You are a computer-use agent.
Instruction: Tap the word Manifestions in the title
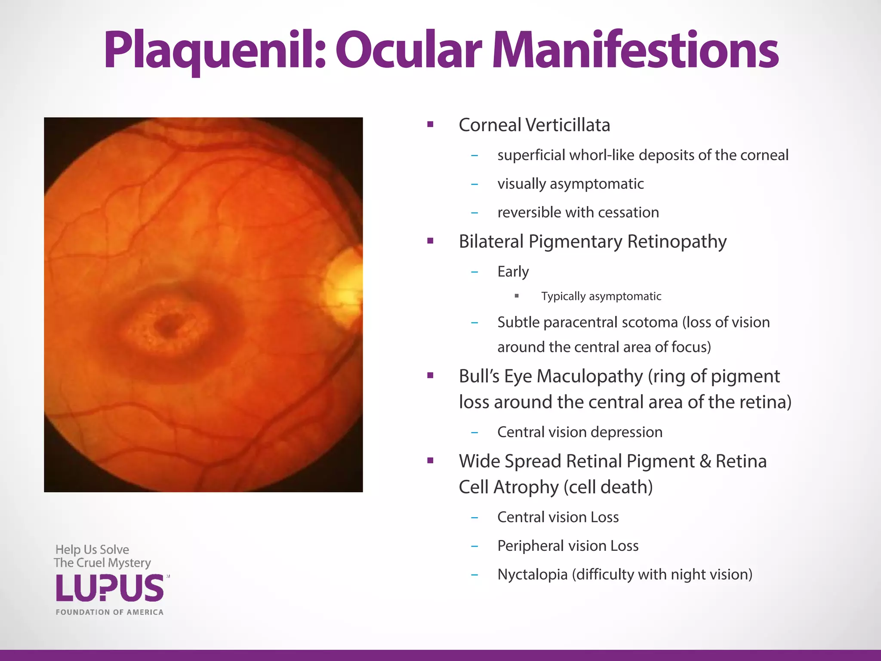tap(635, 51)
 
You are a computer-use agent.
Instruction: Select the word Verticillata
tap(568, 125)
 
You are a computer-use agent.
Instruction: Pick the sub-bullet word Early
tap(513, 272)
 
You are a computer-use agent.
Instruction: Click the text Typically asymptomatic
tap(601, 296)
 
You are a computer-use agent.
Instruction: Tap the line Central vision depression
tap(579, 432)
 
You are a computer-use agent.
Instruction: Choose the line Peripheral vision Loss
tap(568, 546)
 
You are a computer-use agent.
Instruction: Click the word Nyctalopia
tap(532, 575)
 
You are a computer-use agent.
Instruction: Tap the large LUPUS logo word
tap(110, 588)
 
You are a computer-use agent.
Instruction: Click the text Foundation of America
tap(110, 612)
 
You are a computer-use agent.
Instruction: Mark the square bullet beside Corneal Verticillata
tap(430, 125)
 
